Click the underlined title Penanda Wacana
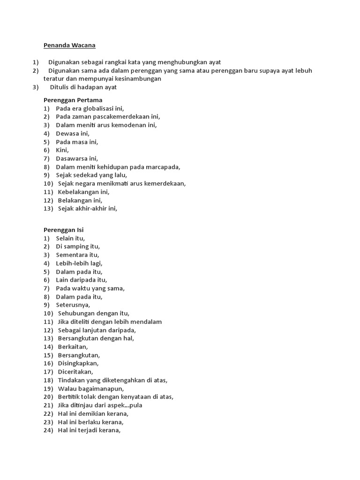pos(69,45)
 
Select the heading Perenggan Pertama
pos(73,100)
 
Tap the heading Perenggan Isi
pos(63,230)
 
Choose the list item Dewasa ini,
pos(73,134)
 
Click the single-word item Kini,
pos(62,150)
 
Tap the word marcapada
pos(163,167)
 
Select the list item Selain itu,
pos(70,239)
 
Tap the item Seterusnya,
pos(73,305)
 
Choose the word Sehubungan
pos(77,314)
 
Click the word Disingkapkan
pos(78,363)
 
